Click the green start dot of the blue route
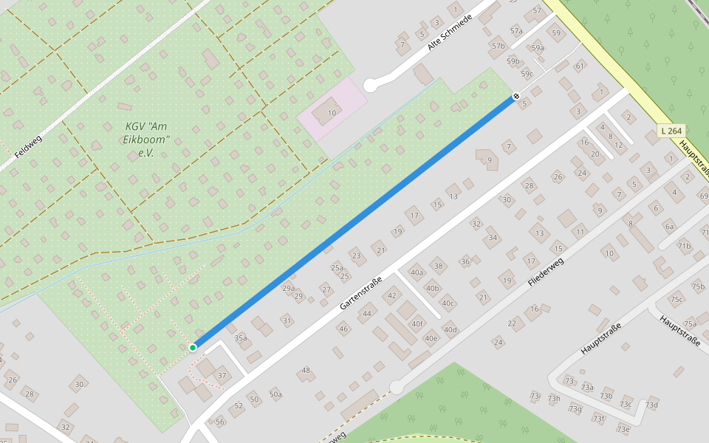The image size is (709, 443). click(193, 347)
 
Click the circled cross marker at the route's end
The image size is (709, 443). click(516, 96)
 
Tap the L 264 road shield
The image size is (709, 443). click(671, 131)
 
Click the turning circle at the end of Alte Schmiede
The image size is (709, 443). click(371, 86)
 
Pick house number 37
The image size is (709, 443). click(222, 376)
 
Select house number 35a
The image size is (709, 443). click(241, 337)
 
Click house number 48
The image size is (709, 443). click(306, 371)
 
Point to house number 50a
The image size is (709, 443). click(275, 394)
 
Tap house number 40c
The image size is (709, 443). click(448, 303)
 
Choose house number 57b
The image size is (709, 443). click(499, 46)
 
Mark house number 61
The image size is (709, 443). click(580, 66)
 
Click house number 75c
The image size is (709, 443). click(676, 299)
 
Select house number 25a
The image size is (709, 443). click(337, 267)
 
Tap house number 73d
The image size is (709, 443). click(651, 405)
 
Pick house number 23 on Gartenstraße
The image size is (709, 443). click(356, 255)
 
